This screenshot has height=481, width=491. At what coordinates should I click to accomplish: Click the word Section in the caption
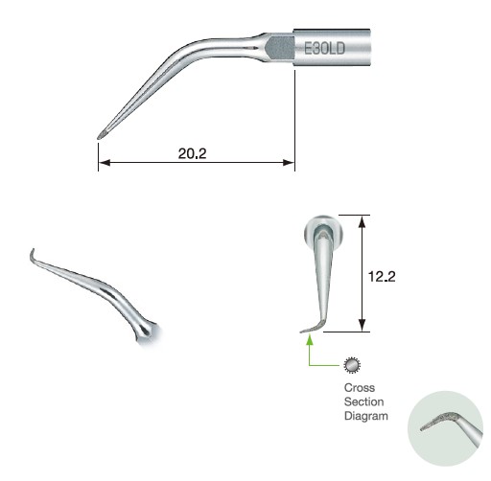click(x=361, y=402)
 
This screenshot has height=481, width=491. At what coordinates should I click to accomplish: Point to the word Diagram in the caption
click(x=365, y=417)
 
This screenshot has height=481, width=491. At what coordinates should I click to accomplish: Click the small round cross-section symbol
click(x=352, y=365)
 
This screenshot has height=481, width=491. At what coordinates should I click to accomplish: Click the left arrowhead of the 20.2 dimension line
click(x=104, y=162)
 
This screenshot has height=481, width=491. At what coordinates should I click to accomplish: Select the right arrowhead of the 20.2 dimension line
click(x=289, y=162)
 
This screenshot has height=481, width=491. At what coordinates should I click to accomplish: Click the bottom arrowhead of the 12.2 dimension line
click(x=361, y=327)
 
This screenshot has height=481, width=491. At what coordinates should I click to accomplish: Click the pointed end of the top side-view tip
click(x=101, y=135)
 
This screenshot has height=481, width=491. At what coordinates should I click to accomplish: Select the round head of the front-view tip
click(x=319, y=230)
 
